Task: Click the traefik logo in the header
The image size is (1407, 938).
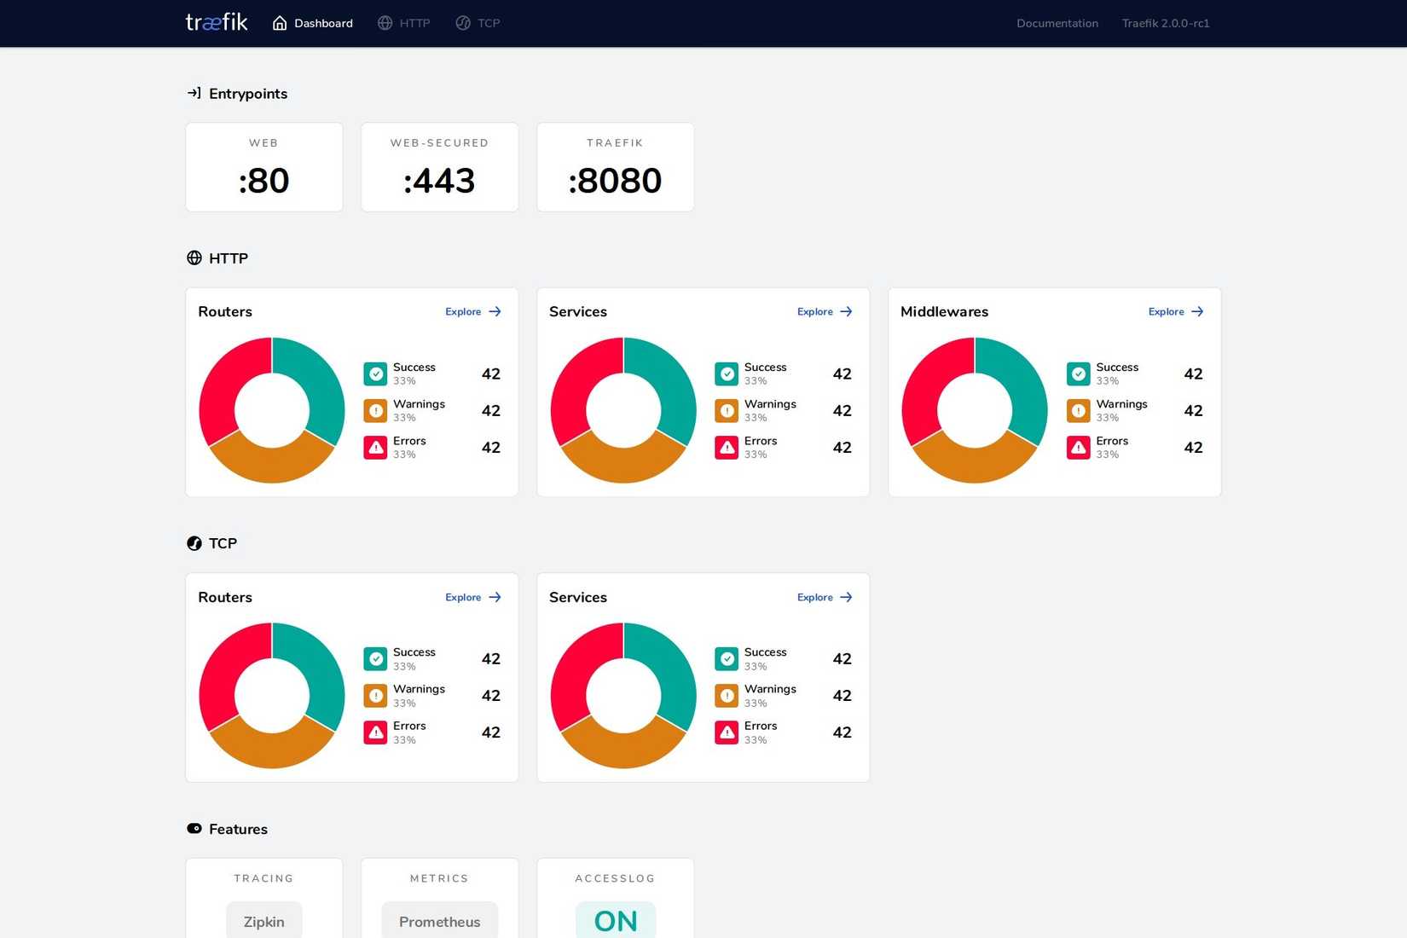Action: pos(217,22)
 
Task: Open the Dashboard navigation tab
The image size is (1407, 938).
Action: pos(313,23)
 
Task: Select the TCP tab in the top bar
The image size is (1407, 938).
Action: pos(478,23)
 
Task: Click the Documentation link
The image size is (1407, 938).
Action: pos(1057,23)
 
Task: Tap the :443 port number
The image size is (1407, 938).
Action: pos(439,181)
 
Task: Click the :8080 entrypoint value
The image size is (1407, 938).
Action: pos(615,181)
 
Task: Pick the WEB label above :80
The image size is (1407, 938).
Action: pos(263,142)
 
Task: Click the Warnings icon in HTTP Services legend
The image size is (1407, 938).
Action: pos(727,411)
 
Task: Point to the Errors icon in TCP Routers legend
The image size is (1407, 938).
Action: pos(375,732)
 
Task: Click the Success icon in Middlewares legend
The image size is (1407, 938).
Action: pos(1078,374)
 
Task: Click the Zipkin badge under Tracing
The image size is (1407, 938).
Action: pos(264,921)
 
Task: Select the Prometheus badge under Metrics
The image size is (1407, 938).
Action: pos(439,921)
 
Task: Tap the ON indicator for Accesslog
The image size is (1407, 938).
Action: pos(616,921)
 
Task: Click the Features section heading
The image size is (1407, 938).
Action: pos(238,829)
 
